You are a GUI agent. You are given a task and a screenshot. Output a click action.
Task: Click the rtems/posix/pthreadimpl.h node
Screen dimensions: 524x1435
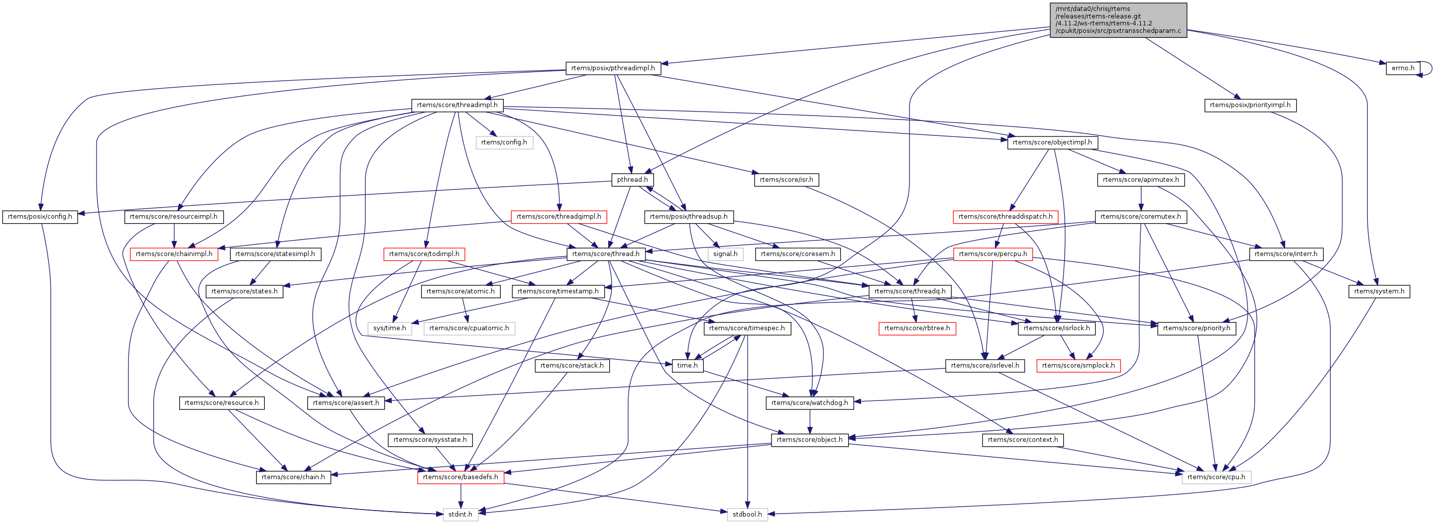(613, 68)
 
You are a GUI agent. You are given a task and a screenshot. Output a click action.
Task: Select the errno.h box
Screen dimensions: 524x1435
(1402, 68)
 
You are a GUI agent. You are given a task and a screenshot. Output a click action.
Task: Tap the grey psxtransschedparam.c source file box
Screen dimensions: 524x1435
(1117, 20)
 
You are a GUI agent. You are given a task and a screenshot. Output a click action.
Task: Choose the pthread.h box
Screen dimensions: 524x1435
(632, 179)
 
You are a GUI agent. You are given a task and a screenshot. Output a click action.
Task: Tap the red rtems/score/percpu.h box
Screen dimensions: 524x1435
(993, 254)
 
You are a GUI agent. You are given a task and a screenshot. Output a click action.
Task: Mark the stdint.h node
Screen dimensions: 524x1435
(460, 515)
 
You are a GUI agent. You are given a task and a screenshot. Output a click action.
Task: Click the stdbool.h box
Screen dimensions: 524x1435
(747, 515)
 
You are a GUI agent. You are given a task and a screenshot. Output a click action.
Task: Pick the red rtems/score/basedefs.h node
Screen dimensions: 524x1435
(460, 477)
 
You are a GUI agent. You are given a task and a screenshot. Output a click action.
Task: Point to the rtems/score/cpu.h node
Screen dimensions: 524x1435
(1216, 477)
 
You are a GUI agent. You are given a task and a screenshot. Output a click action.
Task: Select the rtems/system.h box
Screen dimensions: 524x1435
(1379, 291)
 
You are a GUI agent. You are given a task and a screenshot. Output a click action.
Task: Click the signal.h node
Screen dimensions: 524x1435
(725, 254)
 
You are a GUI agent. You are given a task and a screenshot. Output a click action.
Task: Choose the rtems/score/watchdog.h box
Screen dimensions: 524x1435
(809, 403)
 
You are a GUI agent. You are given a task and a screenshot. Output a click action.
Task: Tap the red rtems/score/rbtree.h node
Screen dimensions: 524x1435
(917, 328)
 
